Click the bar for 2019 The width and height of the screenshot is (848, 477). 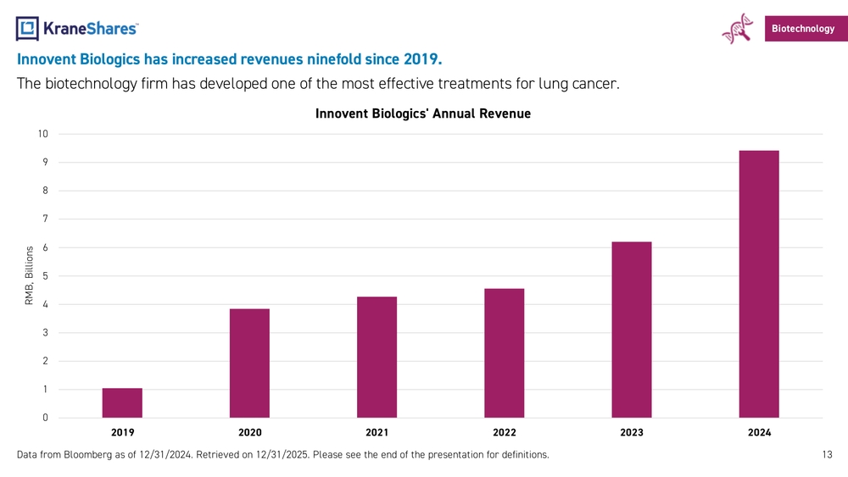coord(122,403)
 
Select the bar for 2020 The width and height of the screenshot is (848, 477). coord(249,363)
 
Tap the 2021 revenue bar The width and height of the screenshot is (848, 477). coord(377,358)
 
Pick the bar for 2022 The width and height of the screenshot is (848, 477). coord(504,353)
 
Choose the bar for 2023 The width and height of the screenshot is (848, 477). coord(631,330)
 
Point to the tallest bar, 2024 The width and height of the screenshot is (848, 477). coord(759,285)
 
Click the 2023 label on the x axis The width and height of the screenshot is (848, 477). coord(631,433)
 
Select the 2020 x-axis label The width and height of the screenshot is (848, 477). coord(249,433)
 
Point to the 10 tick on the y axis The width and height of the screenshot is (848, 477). coord(42,134)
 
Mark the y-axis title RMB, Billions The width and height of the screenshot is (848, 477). coord(29,276)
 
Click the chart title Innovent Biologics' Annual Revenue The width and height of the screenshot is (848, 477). coord(422,114)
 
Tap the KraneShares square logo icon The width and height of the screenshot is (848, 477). coord(27,28)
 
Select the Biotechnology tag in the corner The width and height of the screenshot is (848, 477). coord(801,29)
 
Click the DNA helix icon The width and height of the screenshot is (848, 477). coord(737,28)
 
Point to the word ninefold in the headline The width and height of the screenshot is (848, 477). coord(323,60)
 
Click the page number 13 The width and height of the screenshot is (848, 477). coord(828,455)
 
